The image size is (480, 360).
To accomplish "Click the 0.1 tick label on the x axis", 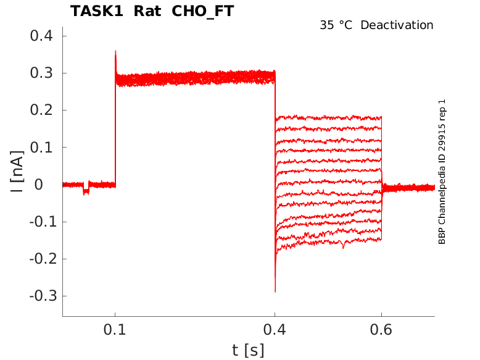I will pyautogui.click(x=115, y=331).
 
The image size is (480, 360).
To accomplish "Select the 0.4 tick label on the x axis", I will pyautogui.click(x=275, y=331).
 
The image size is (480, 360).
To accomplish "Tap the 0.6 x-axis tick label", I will pyautogui.click(x=381, y=331).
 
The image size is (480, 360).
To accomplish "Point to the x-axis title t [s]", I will pyautogui.click(x=248, y=350).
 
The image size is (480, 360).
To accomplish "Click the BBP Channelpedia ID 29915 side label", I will pyautogui.click(x=442, y=172).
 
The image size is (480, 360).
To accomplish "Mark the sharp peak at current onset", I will pyautogui.click(x=115, y=52).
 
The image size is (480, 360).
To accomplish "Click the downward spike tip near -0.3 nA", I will pyautogui.click(x=275, y=291).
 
